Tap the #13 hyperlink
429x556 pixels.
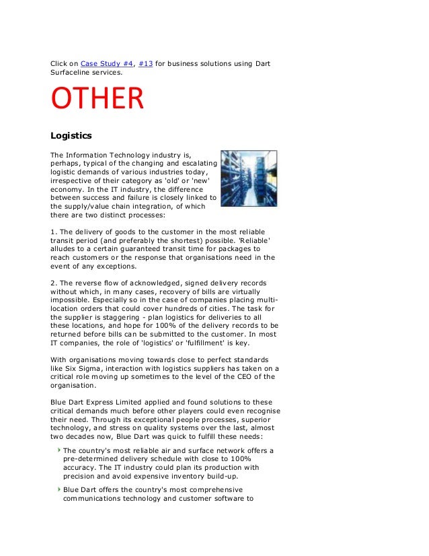click(x=146, y=64)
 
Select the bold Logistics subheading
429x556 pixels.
click(x=71, y=135)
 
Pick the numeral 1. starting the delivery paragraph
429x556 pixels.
click(x=54, y=232)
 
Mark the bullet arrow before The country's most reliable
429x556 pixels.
click(x=58, y=449)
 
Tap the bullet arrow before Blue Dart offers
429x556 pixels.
click(x=58, y=489)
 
